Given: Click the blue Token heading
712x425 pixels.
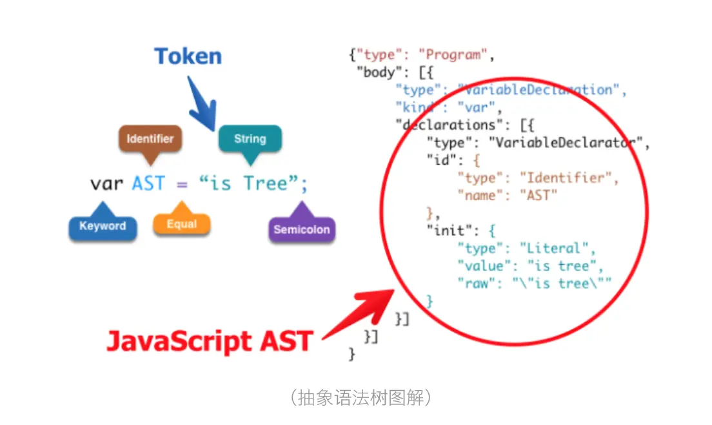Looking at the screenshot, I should click(188, 56).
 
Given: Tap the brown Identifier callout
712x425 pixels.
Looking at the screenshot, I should click(150, 139).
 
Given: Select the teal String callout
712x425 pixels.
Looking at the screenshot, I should click(250, 139).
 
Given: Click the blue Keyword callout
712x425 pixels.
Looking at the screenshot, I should click(103, 227).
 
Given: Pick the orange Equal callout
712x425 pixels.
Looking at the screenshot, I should click(181, 224).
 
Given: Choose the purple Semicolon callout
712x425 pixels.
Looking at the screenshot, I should click(301, 229).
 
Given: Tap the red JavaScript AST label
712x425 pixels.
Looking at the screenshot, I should click(210, 340).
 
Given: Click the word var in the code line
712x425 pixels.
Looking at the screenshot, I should click(106, 184).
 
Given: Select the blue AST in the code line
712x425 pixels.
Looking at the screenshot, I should click(148, 184).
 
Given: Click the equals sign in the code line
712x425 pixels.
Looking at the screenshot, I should click(182, 185).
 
